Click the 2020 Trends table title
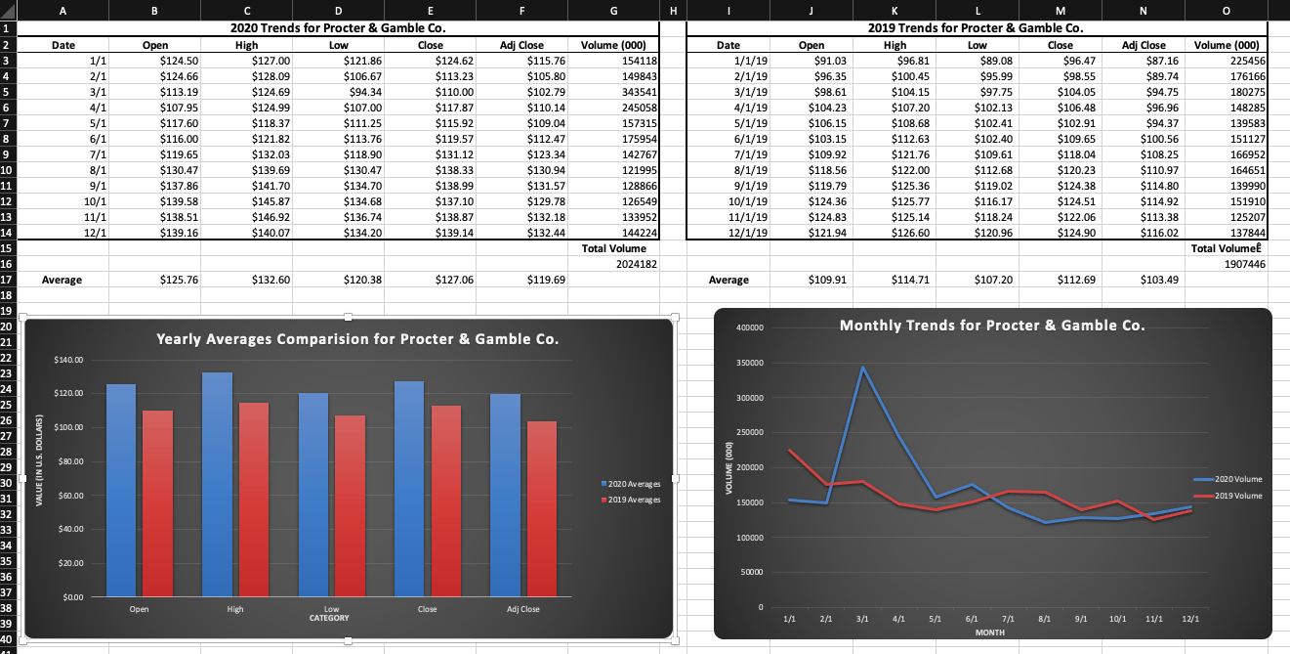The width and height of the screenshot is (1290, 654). coord(337,27)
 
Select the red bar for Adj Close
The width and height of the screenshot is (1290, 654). coord(542,508)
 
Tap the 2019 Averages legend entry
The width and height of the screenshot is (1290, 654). coord(630,500)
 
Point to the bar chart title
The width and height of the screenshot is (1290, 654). coord(357,339)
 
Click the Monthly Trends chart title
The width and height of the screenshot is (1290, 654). coord(992,325)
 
